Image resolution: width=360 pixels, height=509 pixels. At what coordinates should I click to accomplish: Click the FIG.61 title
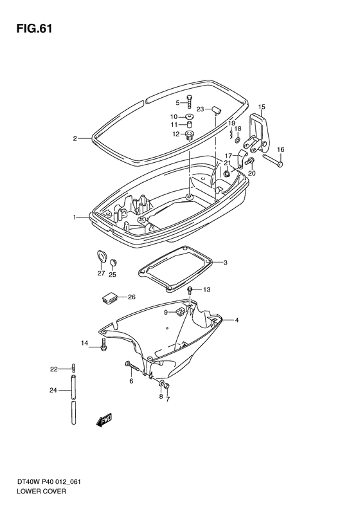tap(34, 29)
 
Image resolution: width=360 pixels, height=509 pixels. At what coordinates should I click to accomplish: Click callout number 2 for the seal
tap(75, 138)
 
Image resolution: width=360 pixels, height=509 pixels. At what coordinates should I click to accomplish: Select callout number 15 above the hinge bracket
tap(262, 106)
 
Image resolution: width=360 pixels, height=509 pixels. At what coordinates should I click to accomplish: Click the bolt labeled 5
tap(189, 101)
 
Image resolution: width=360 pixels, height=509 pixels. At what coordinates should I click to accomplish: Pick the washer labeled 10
tap(188, 116)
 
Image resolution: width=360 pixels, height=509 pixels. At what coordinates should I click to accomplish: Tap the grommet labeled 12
tap(188, 134)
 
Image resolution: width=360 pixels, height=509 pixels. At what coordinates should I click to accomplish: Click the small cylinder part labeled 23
tap(217, 110)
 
